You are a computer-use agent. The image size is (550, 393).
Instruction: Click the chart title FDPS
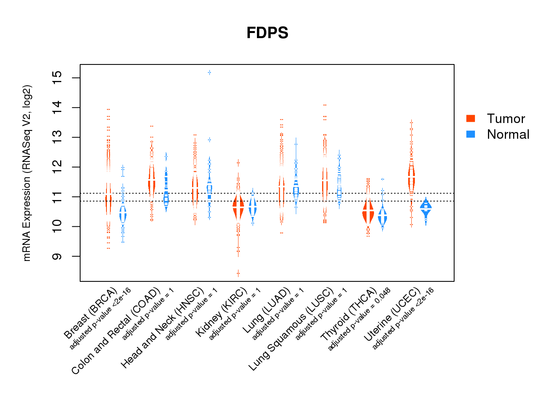point(267,33)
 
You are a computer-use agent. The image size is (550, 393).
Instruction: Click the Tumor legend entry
point(506,119)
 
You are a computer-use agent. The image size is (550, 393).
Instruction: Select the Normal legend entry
point(508,134)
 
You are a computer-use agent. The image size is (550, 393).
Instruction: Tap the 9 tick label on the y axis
point(57,256)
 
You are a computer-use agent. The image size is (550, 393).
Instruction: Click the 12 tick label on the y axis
point(57,167)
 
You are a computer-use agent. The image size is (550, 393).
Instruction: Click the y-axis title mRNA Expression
point(27,173)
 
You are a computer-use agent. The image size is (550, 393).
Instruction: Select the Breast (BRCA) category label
point(91,313)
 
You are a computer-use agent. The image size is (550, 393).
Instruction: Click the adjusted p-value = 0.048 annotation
point(359,319)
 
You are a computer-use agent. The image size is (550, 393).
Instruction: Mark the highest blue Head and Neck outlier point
point(209,73)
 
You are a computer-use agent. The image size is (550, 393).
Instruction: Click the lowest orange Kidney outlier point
point(238,273)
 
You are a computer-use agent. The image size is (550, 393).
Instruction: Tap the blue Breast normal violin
point(123,215)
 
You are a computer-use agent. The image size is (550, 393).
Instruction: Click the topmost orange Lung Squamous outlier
point(324,105)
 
